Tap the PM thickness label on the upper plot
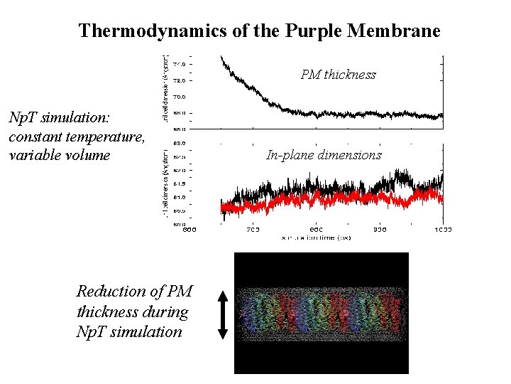[338, 75]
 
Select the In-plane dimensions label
[324, 155]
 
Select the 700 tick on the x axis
[253, 230]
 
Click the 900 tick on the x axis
[380, 230]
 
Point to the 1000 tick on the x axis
[443, 230]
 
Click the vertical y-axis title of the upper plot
[165, 89]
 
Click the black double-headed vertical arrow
[222, 314]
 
